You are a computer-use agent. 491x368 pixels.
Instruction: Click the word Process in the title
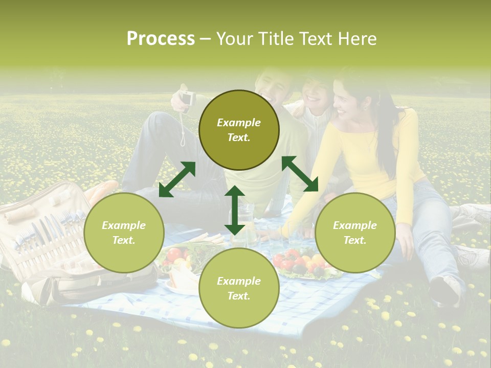(161, 39)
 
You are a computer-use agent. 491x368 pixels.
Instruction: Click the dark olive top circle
(239, 130)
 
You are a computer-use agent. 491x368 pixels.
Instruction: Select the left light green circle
(124, 233)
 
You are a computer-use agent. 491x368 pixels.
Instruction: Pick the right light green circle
(355, 233)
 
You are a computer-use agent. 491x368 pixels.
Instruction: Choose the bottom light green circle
(239, 288)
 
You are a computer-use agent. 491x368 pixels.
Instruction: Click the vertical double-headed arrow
(235, 210)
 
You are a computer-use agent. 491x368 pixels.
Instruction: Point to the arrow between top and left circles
(177, 179)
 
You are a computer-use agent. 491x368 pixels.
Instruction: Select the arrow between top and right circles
(300, 174)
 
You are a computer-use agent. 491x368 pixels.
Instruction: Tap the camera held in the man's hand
(187, 98)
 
